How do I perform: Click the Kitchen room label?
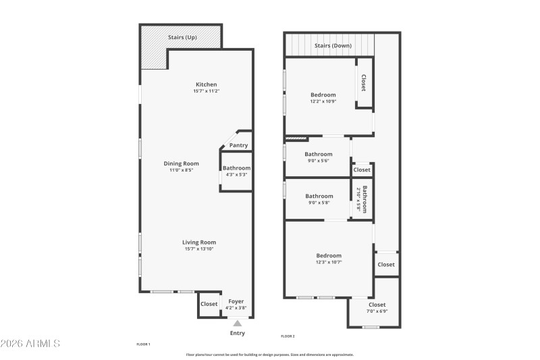point(207,84)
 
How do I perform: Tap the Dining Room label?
point(182,163)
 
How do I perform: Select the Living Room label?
point(199,242)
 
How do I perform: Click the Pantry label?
point(238,145)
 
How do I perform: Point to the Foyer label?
point(236,301)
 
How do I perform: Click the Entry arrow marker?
point(237,323)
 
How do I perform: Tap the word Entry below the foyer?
point(238,333)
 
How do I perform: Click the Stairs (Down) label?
point(333,46)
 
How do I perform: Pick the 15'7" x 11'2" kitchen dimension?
point(207,91)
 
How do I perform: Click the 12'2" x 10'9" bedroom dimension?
point(323,101)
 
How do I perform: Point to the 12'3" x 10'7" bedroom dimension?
point(329,262)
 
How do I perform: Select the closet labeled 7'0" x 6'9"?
point(377,311)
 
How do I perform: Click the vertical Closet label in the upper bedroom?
point(364,83)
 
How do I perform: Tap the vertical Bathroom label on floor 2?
point(364,199)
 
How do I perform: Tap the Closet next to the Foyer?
point(209,305)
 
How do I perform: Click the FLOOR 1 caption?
point(143,344)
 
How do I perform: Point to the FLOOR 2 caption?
point(288,336)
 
